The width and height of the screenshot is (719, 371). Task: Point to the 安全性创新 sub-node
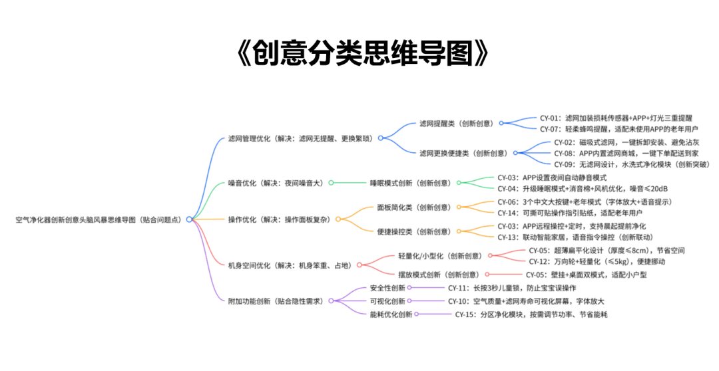pyautogui.click(x=386, y=288)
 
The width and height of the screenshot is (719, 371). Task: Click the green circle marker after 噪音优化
pyautogui.click(x=331, y=183)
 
